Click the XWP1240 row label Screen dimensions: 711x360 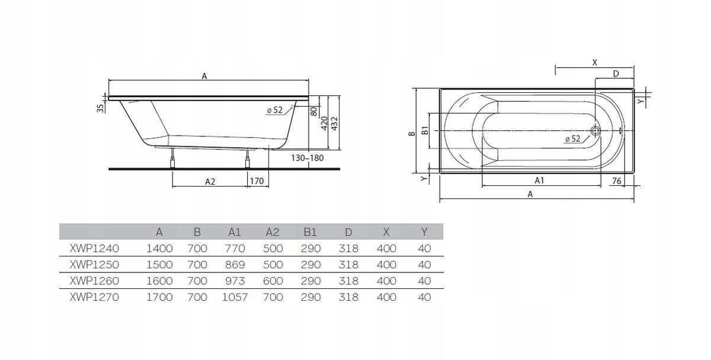tap(94, 248)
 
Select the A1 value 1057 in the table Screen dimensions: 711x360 tap(235, 297)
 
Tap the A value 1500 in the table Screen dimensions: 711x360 tap(159, 265)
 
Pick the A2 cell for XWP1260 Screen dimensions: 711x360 tap(273, 281)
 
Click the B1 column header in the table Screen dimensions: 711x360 tap(310, 232)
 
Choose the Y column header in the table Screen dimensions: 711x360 tap(424, 232)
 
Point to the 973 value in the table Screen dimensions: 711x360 tap(235, 281)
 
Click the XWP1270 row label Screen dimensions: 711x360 tap(94, 297)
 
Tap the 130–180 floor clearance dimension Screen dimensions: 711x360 tap(308, 158)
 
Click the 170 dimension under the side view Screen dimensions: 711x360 tap(257, 181)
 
